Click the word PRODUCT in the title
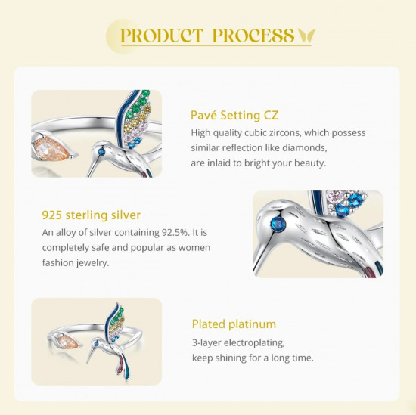coord(162,36)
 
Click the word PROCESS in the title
coord(253,36)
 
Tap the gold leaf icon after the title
coord(306,36)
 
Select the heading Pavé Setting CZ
coord(234,116)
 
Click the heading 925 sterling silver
coord(92,215)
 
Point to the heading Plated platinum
coord(234,324)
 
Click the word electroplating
coord(254,343)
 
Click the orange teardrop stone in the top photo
coord(52,149)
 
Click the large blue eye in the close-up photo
coord(278,225)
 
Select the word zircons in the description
coord(285,132)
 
